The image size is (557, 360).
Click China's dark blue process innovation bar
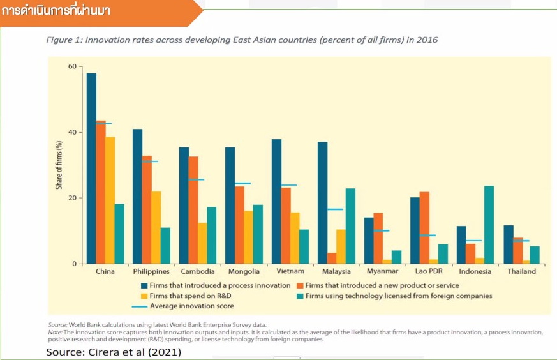point(91,169)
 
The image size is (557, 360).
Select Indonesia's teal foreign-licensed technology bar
point(489,225)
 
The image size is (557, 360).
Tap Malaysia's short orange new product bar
point(332,259)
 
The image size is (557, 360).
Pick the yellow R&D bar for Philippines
point(156,228)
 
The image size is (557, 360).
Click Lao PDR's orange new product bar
point(424,228)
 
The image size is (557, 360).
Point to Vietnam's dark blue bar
point(276,202)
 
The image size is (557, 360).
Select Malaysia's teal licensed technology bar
point(350,226)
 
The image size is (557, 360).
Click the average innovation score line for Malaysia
point(335,209)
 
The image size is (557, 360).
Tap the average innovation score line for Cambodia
point(197,180)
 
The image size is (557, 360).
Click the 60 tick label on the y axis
point(72,66)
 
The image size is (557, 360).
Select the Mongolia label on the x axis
point(244,271)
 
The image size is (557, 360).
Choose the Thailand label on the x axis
point(521,271)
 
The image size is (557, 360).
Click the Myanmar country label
point(382,271)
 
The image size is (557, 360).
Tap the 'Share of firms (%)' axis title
point(59,165)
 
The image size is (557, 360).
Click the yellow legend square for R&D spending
point(144,296)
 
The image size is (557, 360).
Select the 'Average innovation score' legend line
point(140,306)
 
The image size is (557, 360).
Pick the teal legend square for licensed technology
point(300,296)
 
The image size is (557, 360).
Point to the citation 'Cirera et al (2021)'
point(135,352)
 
